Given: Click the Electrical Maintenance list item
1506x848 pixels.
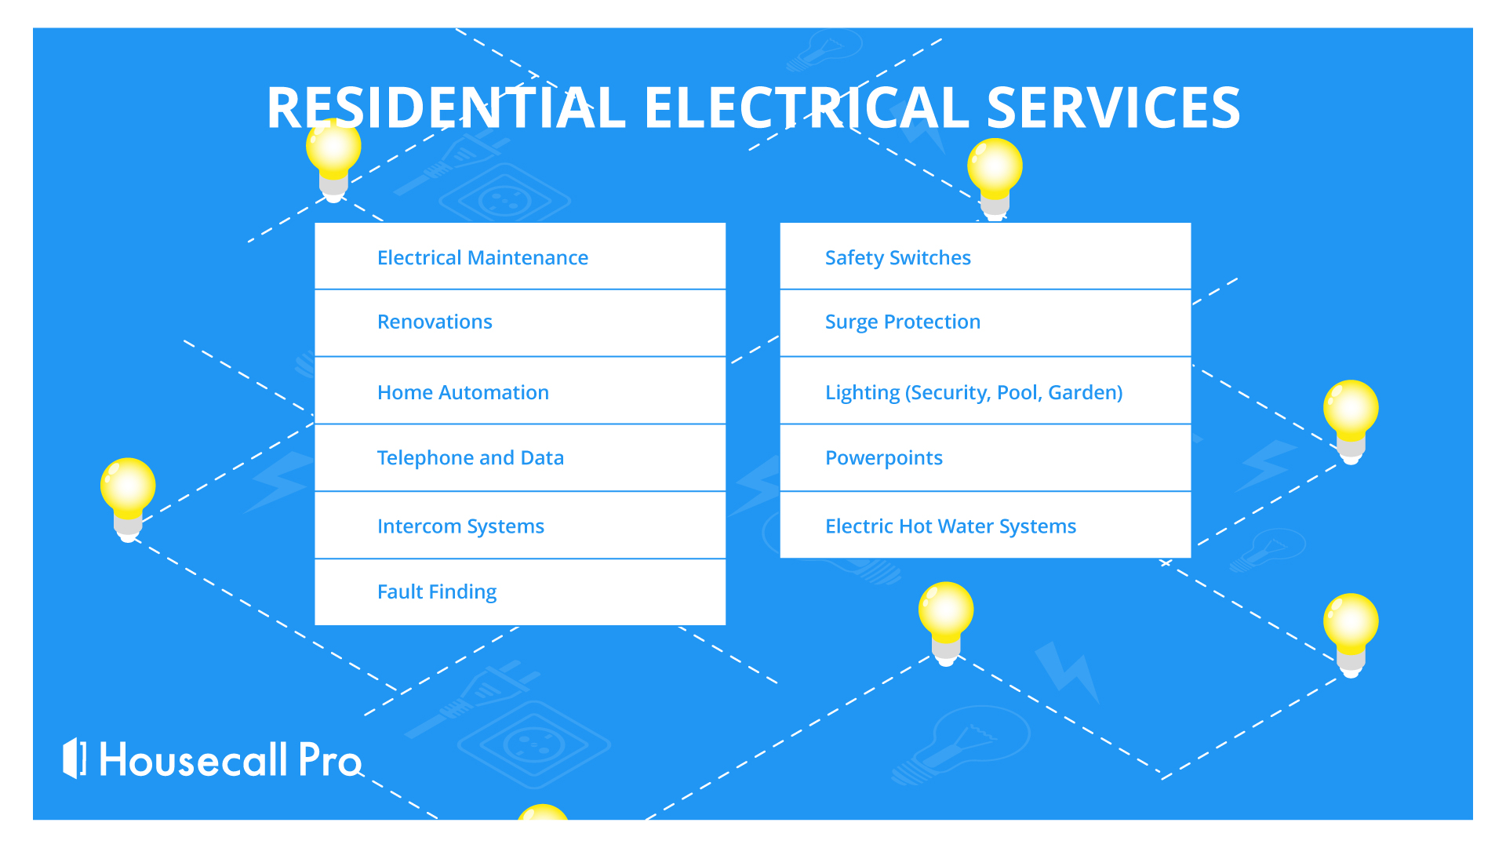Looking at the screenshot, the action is click(482, 257).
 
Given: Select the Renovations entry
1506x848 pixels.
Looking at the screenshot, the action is click(435, 322).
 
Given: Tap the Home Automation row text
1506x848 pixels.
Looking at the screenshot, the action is click(463, 392).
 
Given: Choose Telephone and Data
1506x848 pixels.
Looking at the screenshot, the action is click(471, 457).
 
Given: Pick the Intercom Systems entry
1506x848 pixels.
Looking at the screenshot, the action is click(460, 526).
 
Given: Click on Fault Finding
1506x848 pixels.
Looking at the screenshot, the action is click(437, 592).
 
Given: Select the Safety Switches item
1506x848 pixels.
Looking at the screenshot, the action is click(898, 258).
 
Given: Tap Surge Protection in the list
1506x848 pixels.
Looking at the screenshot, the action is click(903, 322).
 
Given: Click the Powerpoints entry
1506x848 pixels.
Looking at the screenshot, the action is click(884, 458).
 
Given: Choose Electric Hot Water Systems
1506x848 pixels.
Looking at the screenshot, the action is click(951, 526).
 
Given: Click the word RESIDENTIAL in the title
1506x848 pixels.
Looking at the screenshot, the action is click(446, 107).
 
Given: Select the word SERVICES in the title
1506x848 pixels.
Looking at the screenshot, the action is click(1114, 107).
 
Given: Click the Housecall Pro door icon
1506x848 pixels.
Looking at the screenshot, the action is click(75, 758).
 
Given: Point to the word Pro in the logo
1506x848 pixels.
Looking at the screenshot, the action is click(329, 759).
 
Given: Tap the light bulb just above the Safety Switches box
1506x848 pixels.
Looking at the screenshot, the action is click(995, 180).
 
